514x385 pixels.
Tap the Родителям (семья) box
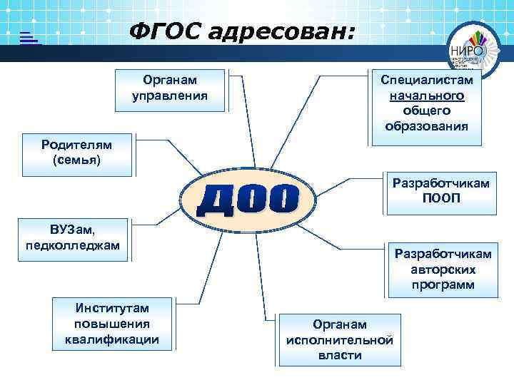[x=76, y=153]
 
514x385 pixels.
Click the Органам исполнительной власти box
[x=340, y=339]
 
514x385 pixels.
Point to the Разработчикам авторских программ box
[x=443, y=270]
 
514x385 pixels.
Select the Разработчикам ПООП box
[x=441, y=190]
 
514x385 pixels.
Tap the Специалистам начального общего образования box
[x=426, y=105]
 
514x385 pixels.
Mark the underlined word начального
[x=427, y=96]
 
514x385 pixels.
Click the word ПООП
[x=441, y=197]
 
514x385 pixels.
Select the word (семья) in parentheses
[x=77, y=160]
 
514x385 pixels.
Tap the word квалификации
[x=112, y=339]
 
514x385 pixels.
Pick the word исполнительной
[x=340, y=339]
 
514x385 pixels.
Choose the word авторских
[x=443, y=270]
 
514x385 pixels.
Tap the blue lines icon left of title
[x=29, y=38]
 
